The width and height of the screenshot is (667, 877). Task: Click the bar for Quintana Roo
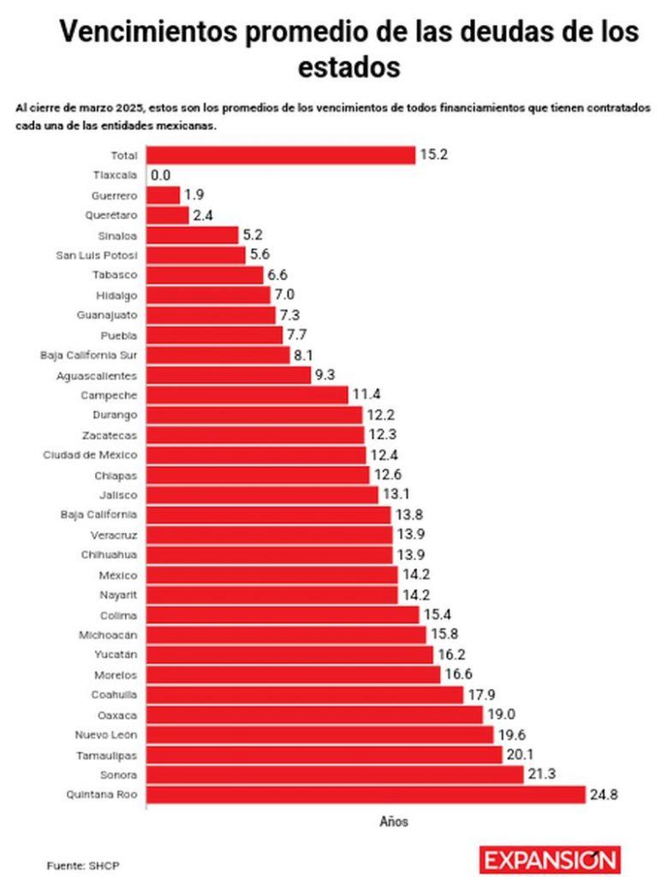(x=366, y=794)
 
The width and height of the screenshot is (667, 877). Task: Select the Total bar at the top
(x=281, y=155)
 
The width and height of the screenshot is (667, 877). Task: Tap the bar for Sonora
(x=335, y=774)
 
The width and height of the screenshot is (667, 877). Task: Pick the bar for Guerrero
(x=163, y=195)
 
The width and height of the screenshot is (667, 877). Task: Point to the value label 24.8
(x=603, y=795)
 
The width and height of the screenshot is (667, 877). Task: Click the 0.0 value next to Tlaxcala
(x=160, y=176)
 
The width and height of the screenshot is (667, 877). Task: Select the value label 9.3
(x=326, y=375)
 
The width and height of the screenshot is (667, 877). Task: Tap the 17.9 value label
(x=479, y=695)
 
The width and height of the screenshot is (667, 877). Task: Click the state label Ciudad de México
(x=90, y=455)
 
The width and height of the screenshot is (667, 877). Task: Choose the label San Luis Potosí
(x=96, y=255)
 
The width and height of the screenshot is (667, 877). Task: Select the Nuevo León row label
(x=107, y=734)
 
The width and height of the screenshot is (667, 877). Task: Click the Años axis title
(x=394, y=821)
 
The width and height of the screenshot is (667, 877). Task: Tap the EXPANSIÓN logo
(x=550, y=859)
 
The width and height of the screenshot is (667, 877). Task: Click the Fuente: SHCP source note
(x=83, y=865)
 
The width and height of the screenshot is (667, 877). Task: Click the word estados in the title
(x=349, y=67)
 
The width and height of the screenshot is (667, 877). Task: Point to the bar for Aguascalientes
(x=229, y=375)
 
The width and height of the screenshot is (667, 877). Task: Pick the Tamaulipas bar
(x=325, y=755)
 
